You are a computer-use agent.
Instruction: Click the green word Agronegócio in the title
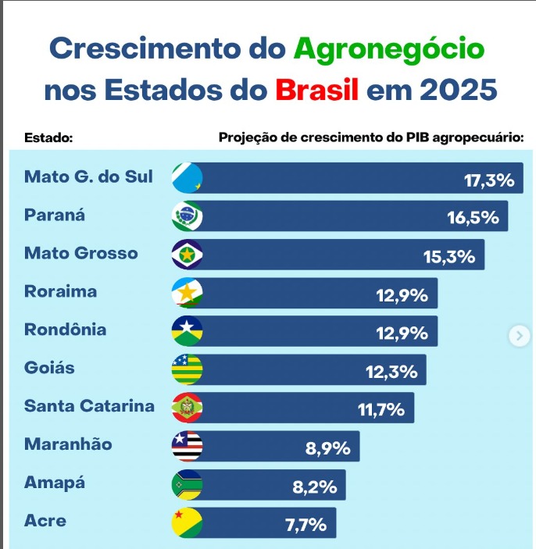point(389,49)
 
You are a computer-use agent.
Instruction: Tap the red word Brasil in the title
point(316,89)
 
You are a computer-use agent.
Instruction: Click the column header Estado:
point(48,137)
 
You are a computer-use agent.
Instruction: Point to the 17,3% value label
point(489,180)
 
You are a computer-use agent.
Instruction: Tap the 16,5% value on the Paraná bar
point(473,217)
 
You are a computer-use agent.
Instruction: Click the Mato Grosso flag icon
point(187,255)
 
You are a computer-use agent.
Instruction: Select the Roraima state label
point(61,291)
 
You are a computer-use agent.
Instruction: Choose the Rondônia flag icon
point(187,331)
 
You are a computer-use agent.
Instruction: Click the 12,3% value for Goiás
point(391,372)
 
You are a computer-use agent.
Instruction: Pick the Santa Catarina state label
point(89,406)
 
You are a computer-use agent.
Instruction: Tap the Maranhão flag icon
point(187,446)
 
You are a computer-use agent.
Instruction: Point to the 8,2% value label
point(315,487)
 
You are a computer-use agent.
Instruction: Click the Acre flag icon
point(187,522)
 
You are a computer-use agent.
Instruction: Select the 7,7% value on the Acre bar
point(306,525)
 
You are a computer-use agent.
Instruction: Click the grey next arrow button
point(520,336)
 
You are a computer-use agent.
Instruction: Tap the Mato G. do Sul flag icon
point(187,177)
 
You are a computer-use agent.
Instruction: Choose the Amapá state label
point(55,482)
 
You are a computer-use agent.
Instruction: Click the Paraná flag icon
point(187,216)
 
